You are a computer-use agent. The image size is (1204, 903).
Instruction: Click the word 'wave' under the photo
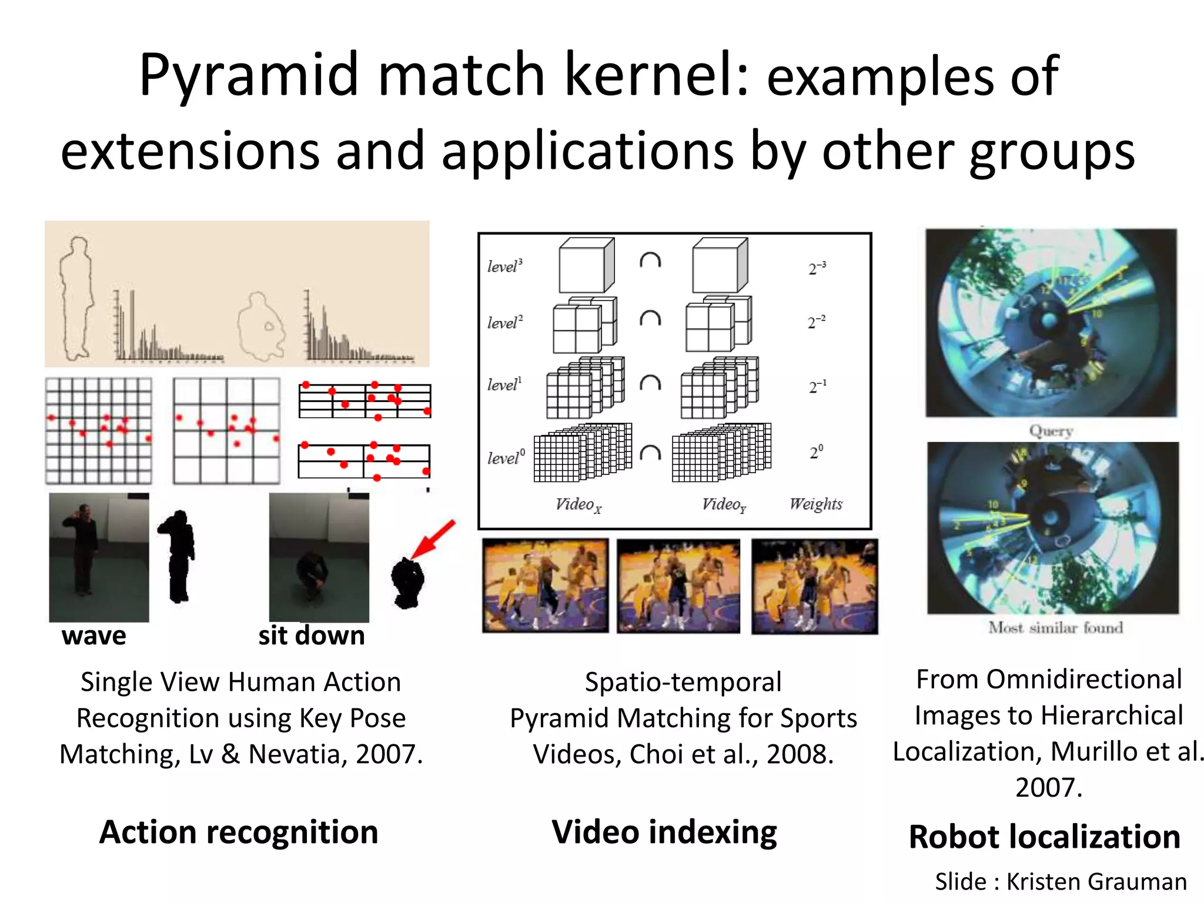93,636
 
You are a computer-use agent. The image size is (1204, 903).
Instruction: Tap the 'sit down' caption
312,636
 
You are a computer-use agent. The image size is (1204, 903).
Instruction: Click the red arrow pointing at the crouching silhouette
433,539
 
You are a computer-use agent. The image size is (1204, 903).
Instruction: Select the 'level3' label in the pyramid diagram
504,266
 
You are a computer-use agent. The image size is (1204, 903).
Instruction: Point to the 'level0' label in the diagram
506,457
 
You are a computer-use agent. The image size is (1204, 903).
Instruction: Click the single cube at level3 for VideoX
586,266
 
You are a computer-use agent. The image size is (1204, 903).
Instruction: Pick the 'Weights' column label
815,504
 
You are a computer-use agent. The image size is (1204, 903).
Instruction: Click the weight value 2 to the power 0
816,452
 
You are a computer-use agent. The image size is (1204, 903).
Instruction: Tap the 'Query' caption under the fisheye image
1051,431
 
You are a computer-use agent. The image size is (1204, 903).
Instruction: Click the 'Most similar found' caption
1055,628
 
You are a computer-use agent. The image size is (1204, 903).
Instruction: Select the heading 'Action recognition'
239,832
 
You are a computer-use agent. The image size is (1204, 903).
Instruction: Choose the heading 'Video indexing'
664,832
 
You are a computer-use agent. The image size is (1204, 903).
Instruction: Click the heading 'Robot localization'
1045,837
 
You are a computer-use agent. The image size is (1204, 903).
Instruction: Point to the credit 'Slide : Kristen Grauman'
1061,882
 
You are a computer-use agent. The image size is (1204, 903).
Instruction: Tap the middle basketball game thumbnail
678,586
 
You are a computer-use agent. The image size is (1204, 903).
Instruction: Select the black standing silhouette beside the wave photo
178,556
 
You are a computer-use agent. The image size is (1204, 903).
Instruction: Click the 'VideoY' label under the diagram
724,504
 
